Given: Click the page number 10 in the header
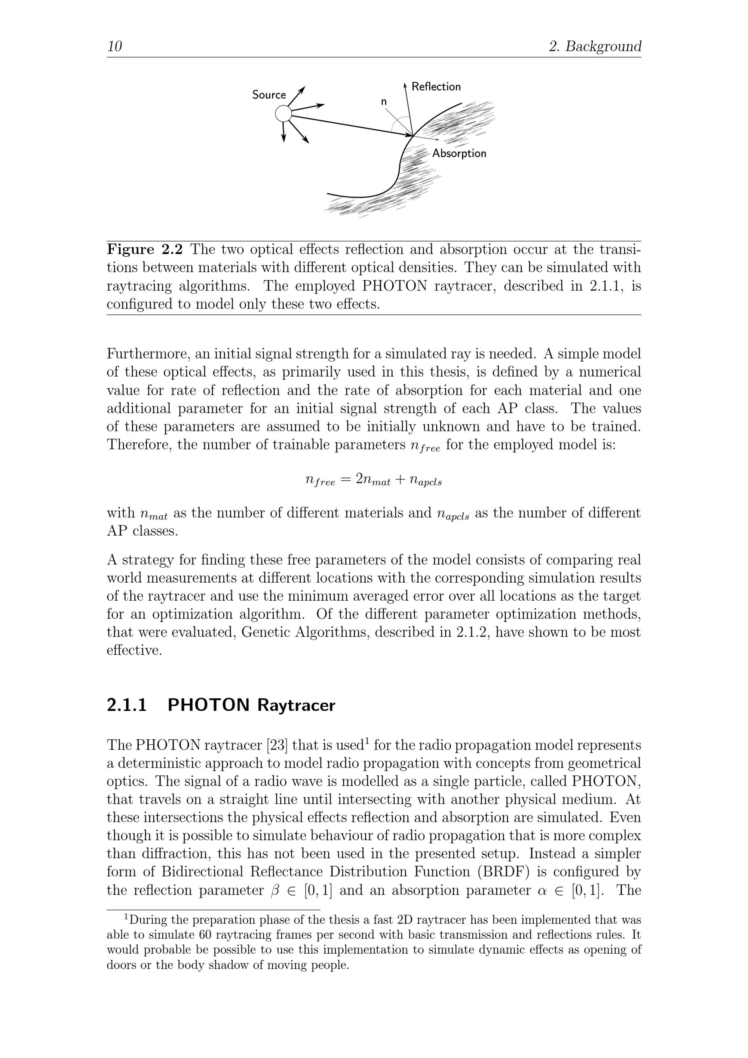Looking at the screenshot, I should [x=114, y=46].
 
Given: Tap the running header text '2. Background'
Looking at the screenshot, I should [x=595, y=46].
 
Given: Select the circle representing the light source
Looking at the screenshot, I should [x=283, y=113].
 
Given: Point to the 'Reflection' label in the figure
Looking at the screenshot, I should [x=436, y=87].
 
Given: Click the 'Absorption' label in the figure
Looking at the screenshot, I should [x=459, y=153].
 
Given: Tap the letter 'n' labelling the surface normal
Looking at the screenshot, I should [x=383, y=102].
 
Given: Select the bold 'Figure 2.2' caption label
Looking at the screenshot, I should [x=145, y=249].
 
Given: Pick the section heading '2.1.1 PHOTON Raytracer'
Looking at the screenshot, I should [x=221, y=705].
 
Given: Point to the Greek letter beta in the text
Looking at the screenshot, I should [x=275, y=890].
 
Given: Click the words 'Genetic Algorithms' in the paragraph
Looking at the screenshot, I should [x=304, y=632].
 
